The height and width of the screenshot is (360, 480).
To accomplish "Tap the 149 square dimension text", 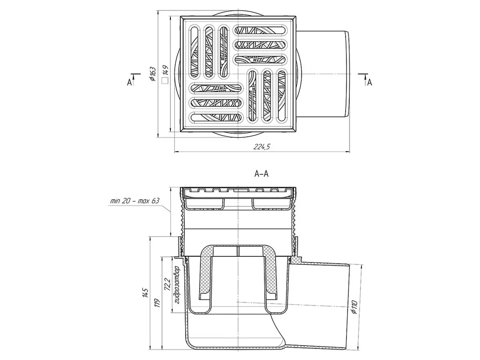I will (x=165, y=70).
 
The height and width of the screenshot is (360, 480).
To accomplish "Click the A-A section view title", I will (x=261, y=174).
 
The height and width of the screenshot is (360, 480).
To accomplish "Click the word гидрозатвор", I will (x=178, y=285).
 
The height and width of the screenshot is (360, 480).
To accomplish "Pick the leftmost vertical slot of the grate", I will (x=194, y=50).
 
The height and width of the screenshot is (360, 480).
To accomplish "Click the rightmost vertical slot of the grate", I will (x=282, y=96).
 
